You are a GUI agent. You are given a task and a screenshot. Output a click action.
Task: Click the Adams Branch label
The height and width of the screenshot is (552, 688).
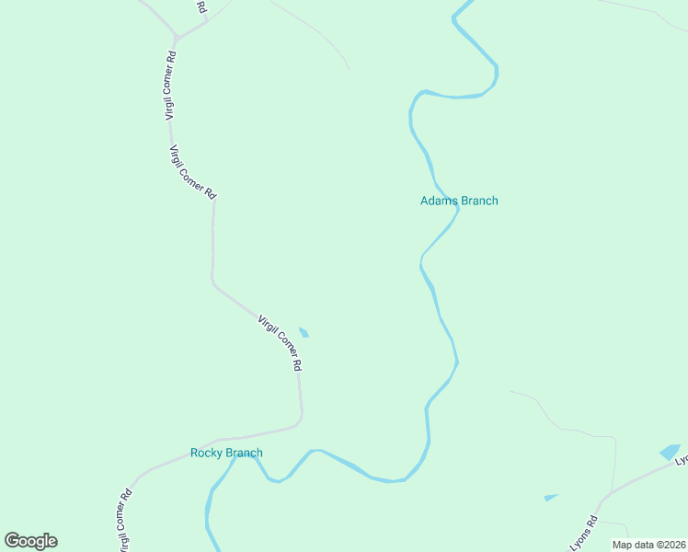[459, 201]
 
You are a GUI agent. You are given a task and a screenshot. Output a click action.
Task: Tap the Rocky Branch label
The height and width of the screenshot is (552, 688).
[226, 453]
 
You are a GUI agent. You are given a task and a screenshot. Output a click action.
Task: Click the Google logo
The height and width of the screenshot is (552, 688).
[30, 541]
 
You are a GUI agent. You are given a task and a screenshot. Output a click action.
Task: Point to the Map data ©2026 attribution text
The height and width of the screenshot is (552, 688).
[648, 545]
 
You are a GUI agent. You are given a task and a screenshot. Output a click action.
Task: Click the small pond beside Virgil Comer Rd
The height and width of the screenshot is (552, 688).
[304, 332]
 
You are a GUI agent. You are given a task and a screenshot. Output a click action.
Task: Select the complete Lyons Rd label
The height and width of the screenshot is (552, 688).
[584, 533]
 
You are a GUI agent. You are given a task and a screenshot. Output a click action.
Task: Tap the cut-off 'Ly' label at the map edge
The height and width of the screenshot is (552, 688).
[682, 456]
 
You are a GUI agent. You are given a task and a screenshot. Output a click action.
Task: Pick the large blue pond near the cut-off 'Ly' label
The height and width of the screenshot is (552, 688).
[669, 452]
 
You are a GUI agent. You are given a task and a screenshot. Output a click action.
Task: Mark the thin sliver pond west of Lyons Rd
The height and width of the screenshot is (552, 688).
[550, 498]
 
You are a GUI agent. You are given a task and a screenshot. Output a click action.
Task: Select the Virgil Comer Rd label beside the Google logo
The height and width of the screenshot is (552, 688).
[124, 519]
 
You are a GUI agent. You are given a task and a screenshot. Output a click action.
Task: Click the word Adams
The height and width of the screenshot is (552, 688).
[438, 201]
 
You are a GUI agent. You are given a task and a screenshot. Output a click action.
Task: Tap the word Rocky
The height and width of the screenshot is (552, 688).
[207, 453]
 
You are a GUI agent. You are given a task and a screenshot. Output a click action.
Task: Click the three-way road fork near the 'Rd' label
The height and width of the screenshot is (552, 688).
[177, 39]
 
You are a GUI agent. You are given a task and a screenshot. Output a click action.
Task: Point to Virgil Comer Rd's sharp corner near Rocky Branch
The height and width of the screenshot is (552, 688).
[300, 423]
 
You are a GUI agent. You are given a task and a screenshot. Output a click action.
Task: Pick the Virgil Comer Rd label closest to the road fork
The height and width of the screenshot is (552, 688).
[170, 86]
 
